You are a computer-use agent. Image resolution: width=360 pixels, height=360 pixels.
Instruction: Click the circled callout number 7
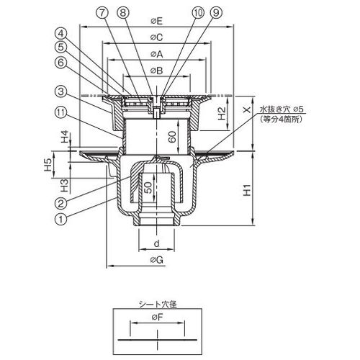coord(103,13)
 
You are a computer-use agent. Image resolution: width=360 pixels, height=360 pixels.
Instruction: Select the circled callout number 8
coord(123,13)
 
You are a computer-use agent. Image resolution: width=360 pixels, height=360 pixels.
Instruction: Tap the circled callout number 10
coord(198,13)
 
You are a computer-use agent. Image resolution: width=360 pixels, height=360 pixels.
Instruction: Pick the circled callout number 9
coord(216,13)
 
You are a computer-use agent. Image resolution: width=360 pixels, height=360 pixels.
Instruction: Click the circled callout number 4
coord(61,33)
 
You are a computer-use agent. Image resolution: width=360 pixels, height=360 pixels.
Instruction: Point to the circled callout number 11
coord(61,112)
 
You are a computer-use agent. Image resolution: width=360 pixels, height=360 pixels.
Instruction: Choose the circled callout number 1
coord(61,219)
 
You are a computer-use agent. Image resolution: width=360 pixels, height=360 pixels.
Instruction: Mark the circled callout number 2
coord(61,204)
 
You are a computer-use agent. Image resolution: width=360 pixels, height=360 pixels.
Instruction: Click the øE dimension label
coord(157,21)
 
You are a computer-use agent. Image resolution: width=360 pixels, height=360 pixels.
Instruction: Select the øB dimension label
coord(157,71)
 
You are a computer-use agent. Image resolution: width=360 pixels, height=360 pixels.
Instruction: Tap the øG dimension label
coord(157,259)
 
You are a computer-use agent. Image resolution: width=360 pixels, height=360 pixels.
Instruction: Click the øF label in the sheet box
coord(157,318)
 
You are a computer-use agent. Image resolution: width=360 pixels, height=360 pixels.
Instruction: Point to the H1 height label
coord(247,190)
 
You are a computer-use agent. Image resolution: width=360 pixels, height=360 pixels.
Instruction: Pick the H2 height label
coord(222,113)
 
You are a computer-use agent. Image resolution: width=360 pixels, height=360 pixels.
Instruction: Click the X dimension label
coord(247,109)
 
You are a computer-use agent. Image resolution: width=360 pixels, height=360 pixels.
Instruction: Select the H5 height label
coord(48,164)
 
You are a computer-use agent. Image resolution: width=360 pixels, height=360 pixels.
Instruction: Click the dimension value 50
coord(148,188)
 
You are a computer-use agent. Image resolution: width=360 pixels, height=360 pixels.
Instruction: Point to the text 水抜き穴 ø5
coord(281,109)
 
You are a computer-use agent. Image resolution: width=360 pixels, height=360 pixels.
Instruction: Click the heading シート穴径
coord(158,305)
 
